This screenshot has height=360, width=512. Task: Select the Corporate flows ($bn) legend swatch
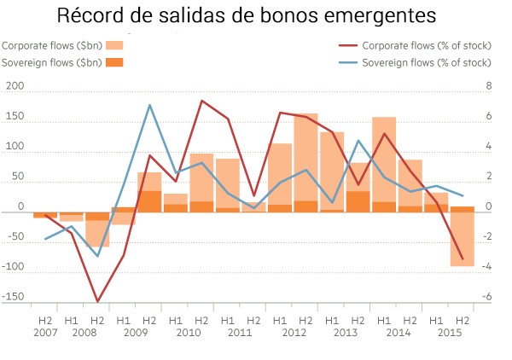(115, 45)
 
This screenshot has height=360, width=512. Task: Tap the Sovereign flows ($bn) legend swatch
(115, 62)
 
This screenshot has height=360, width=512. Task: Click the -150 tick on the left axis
(13, 298)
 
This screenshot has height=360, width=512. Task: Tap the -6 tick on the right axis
(487, 298)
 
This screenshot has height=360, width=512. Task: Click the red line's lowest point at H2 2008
(97, 301)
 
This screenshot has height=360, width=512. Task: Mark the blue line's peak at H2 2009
(150, 105)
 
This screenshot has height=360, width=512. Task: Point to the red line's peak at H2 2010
(201, 101)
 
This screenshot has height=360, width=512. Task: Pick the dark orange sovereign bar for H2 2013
(358, 201)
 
